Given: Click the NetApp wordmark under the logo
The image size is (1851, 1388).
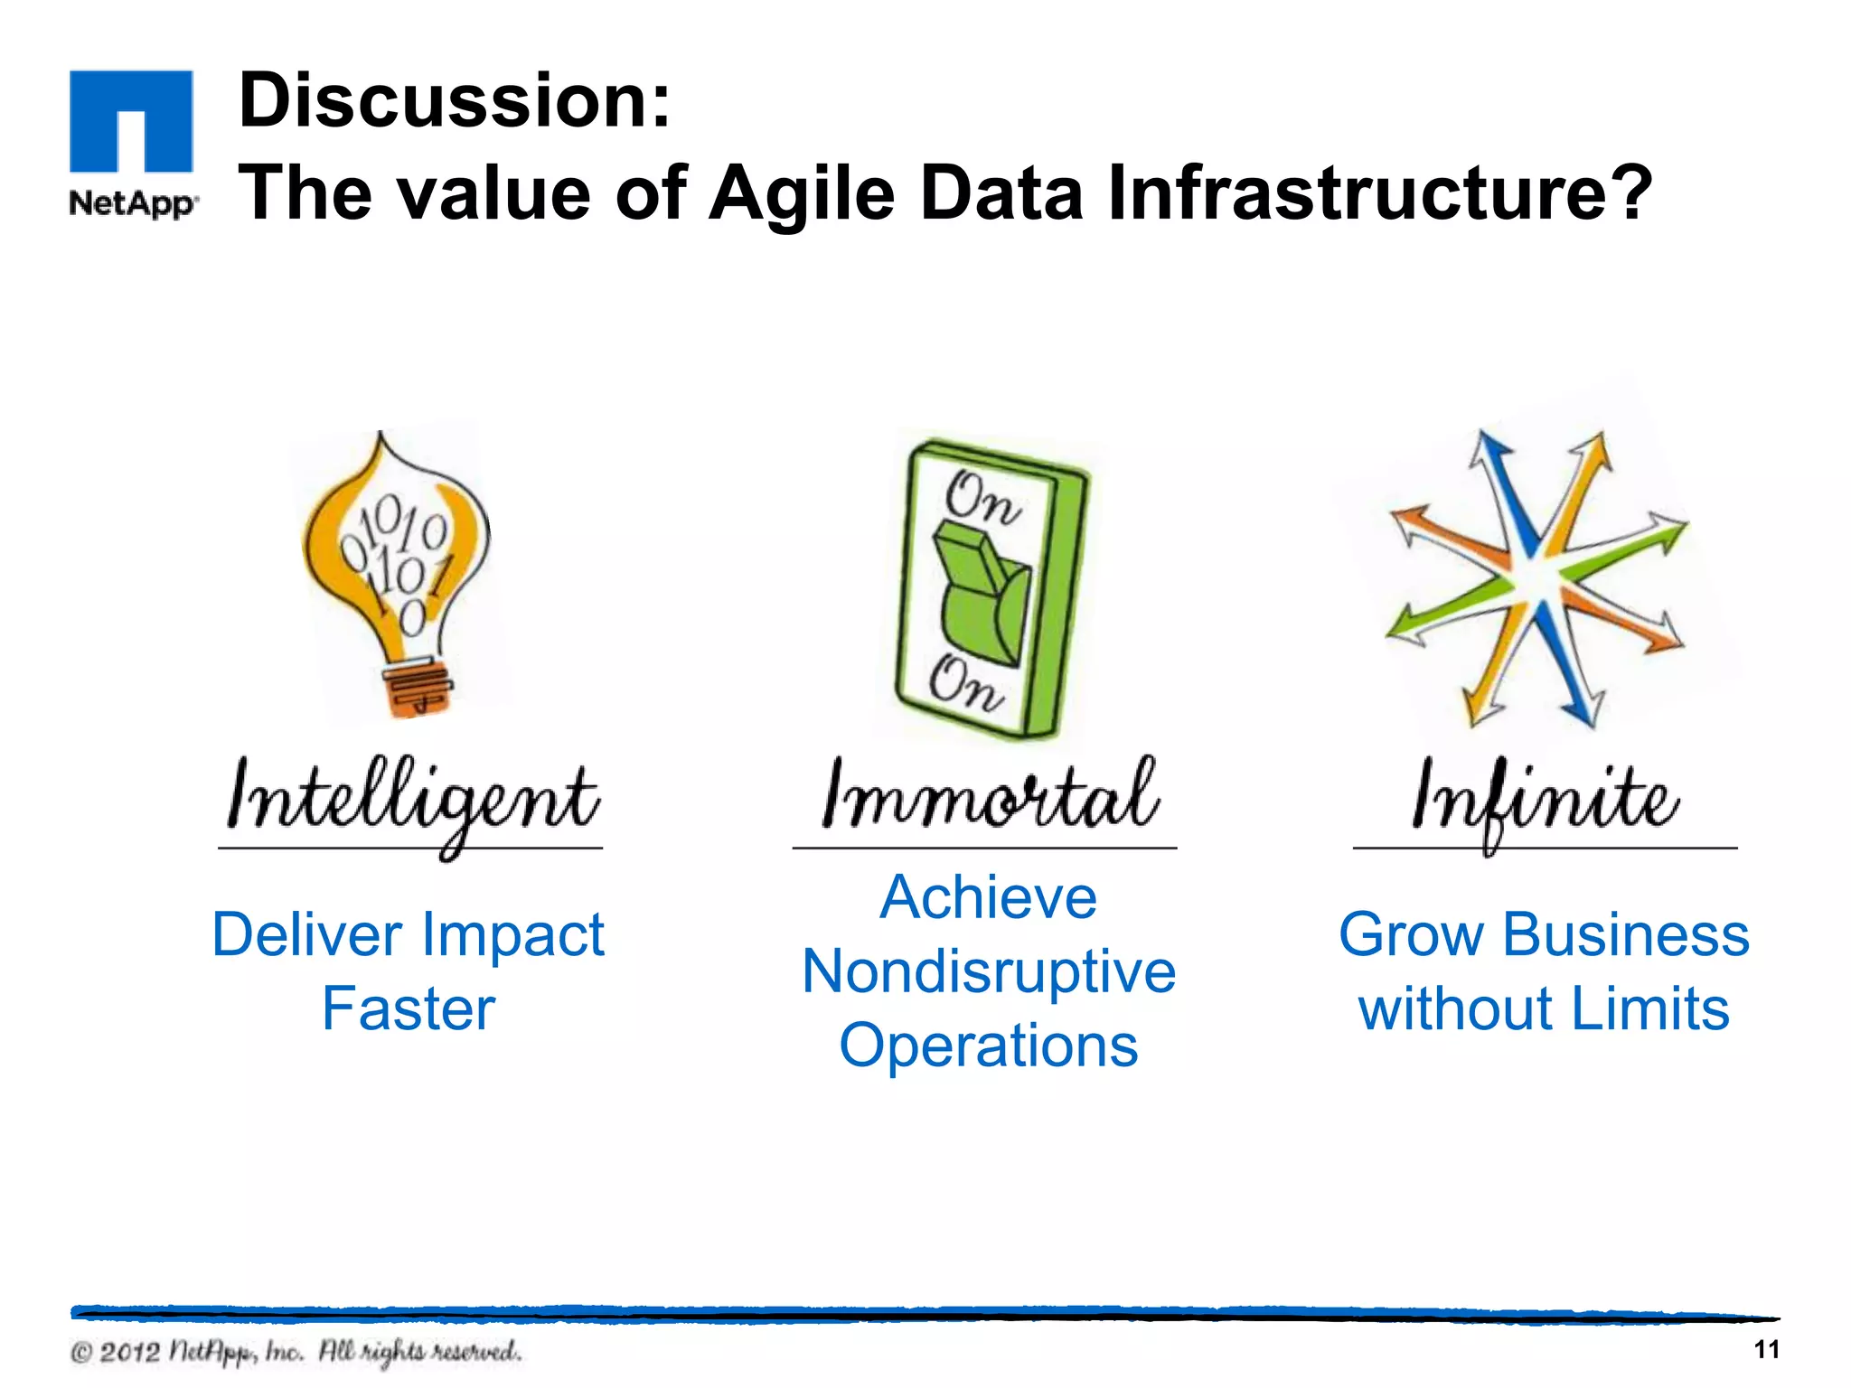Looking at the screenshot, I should pos(132,203).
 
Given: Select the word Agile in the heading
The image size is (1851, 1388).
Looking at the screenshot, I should pos(801,193).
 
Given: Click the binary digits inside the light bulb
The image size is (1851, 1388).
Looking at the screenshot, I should pos(398,560).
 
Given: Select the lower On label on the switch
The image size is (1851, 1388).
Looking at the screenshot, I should pos(965,684).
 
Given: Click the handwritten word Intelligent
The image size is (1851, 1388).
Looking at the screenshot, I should pos(411,801).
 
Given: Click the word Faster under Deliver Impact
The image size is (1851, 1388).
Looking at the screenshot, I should pos(409,1009).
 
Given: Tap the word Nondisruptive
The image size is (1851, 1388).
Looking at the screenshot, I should pos(989,972).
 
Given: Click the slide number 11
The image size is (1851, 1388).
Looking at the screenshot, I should pos(1766,1350).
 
